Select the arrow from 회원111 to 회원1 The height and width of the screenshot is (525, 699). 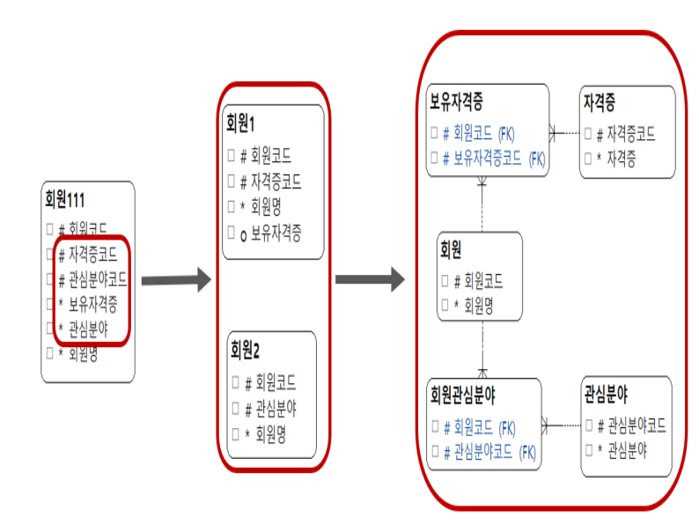click(176, 281)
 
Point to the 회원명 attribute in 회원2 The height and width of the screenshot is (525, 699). click(269, 434)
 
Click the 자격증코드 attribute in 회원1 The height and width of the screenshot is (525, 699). click(276, 182)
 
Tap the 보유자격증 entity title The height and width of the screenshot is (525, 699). click(455, 101)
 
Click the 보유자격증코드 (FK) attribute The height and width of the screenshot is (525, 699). click(494, 159)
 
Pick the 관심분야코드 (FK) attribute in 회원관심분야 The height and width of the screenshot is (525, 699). click(489, 453)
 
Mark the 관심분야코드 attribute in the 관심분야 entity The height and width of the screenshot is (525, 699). click(631, 426)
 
